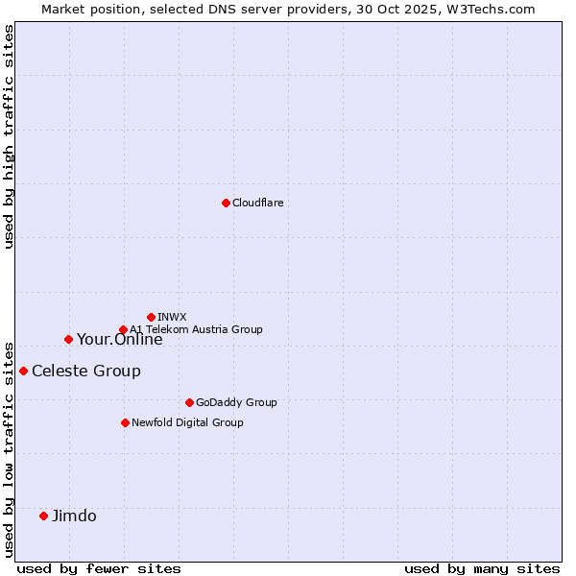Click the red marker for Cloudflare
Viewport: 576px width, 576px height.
226,203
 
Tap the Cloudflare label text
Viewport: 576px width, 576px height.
258,203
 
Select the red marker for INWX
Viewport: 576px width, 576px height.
151,317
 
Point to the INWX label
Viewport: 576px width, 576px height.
173,317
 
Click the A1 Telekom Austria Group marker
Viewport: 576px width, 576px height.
123,330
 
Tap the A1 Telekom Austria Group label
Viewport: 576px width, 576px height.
197,329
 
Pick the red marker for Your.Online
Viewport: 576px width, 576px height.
68,339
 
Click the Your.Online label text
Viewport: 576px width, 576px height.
120,340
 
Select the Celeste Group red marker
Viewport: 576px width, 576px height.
23,371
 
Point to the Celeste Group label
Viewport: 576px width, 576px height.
86,372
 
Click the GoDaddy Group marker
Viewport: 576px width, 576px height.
189,402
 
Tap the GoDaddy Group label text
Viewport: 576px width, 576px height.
236,402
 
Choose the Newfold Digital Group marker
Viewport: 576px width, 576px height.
125,422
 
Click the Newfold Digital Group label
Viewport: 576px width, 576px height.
188,422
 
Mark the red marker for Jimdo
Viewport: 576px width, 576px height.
43,516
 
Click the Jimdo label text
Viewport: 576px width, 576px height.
75,516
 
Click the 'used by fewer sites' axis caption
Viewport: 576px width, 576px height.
99,568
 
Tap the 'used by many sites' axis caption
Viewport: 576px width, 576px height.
482,568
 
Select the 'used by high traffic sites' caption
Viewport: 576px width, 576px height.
10,136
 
